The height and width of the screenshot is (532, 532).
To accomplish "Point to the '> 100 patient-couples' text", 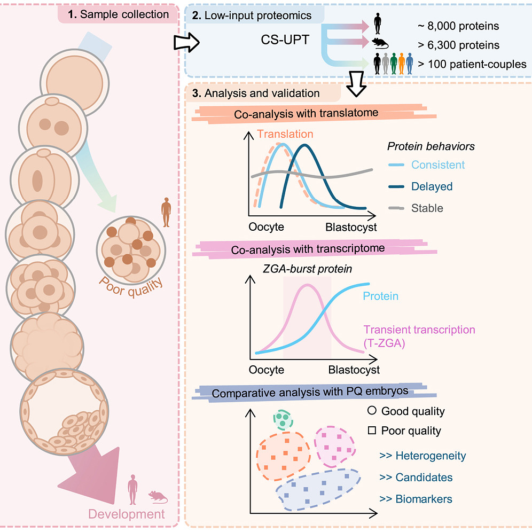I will (x=472, y=64).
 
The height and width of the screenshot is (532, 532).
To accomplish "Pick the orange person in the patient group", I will (x=401, y=64).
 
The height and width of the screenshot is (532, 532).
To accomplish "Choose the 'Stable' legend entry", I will (x=427, y=208).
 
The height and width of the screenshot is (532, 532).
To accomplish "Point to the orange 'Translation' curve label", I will (x=285, y=134).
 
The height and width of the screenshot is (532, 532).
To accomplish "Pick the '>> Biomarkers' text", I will (x=416, y=499).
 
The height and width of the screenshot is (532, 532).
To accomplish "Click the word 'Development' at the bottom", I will (x=127, y=515).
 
